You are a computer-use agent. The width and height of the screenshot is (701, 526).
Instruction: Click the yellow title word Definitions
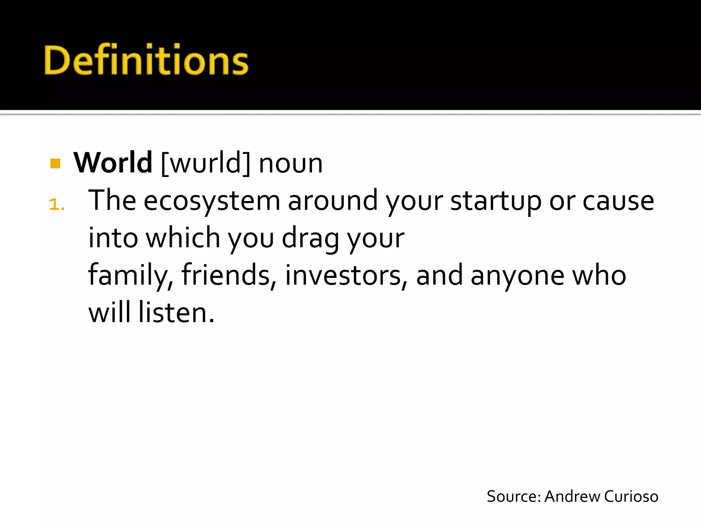[146, 60]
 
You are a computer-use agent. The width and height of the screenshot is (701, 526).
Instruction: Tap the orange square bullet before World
[55, 163]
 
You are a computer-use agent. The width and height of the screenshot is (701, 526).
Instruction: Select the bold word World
[113, 163]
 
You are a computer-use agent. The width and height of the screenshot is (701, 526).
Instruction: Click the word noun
[291, 164]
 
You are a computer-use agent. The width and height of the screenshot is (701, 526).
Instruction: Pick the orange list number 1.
[56, 205]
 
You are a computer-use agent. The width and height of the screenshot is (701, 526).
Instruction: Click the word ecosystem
[212, 201]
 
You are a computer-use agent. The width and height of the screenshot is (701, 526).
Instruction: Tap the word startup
[496, 201]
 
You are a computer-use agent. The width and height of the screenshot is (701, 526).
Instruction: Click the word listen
[176, 313]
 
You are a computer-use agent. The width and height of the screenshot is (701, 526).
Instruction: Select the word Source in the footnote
[513, 497]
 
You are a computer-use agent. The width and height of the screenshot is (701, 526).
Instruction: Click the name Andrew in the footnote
[572, 497]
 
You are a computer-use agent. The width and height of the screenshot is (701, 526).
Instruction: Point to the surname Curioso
[631, 497]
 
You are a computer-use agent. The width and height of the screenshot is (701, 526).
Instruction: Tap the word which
[183, 238]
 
